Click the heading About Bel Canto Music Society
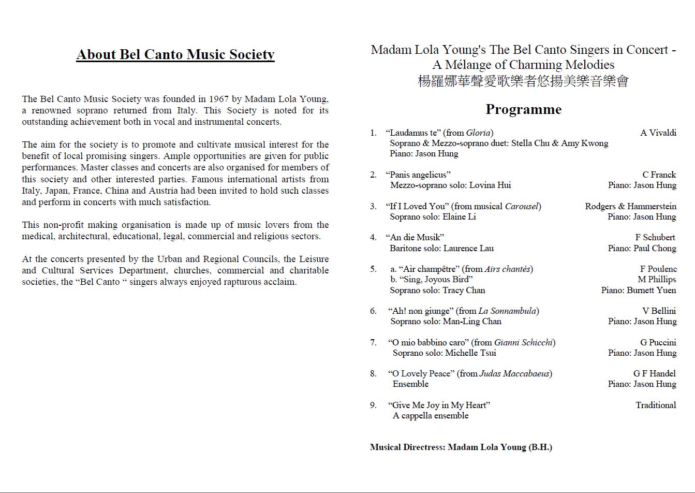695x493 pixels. (175, 54)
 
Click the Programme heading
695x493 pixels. (523, 109)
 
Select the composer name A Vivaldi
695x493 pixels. (658, 133)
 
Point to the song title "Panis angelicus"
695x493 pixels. (418, 175)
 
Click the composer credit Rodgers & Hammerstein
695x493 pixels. (630, 206)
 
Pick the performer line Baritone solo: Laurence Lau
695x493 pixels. (441, 248)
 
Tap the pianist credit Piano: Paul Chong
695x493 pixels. (642, 248)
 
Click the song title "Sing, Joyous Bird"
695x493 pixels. (432, 279)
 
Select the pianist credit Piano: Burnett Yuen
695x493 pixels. (638, 290)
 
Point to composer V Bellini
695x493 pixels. (659, 311)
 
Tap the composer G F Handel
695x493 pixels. (654, 373)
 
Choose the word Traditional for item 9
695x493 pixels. (656, 405)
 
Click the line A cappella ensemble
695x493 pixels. (430, 415)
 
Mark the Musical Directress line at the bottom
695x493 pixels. (461, 447)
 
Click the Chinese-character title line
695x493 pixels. (523, 81)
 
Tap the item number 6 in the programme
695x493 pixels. (373, 311)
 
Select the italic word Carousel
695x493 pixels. (521, 206)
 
